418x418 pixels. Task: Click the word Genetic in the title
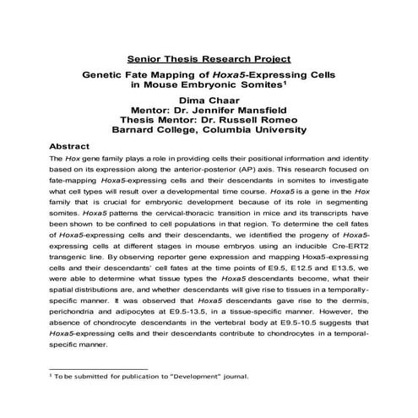(x=104, y=74)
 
